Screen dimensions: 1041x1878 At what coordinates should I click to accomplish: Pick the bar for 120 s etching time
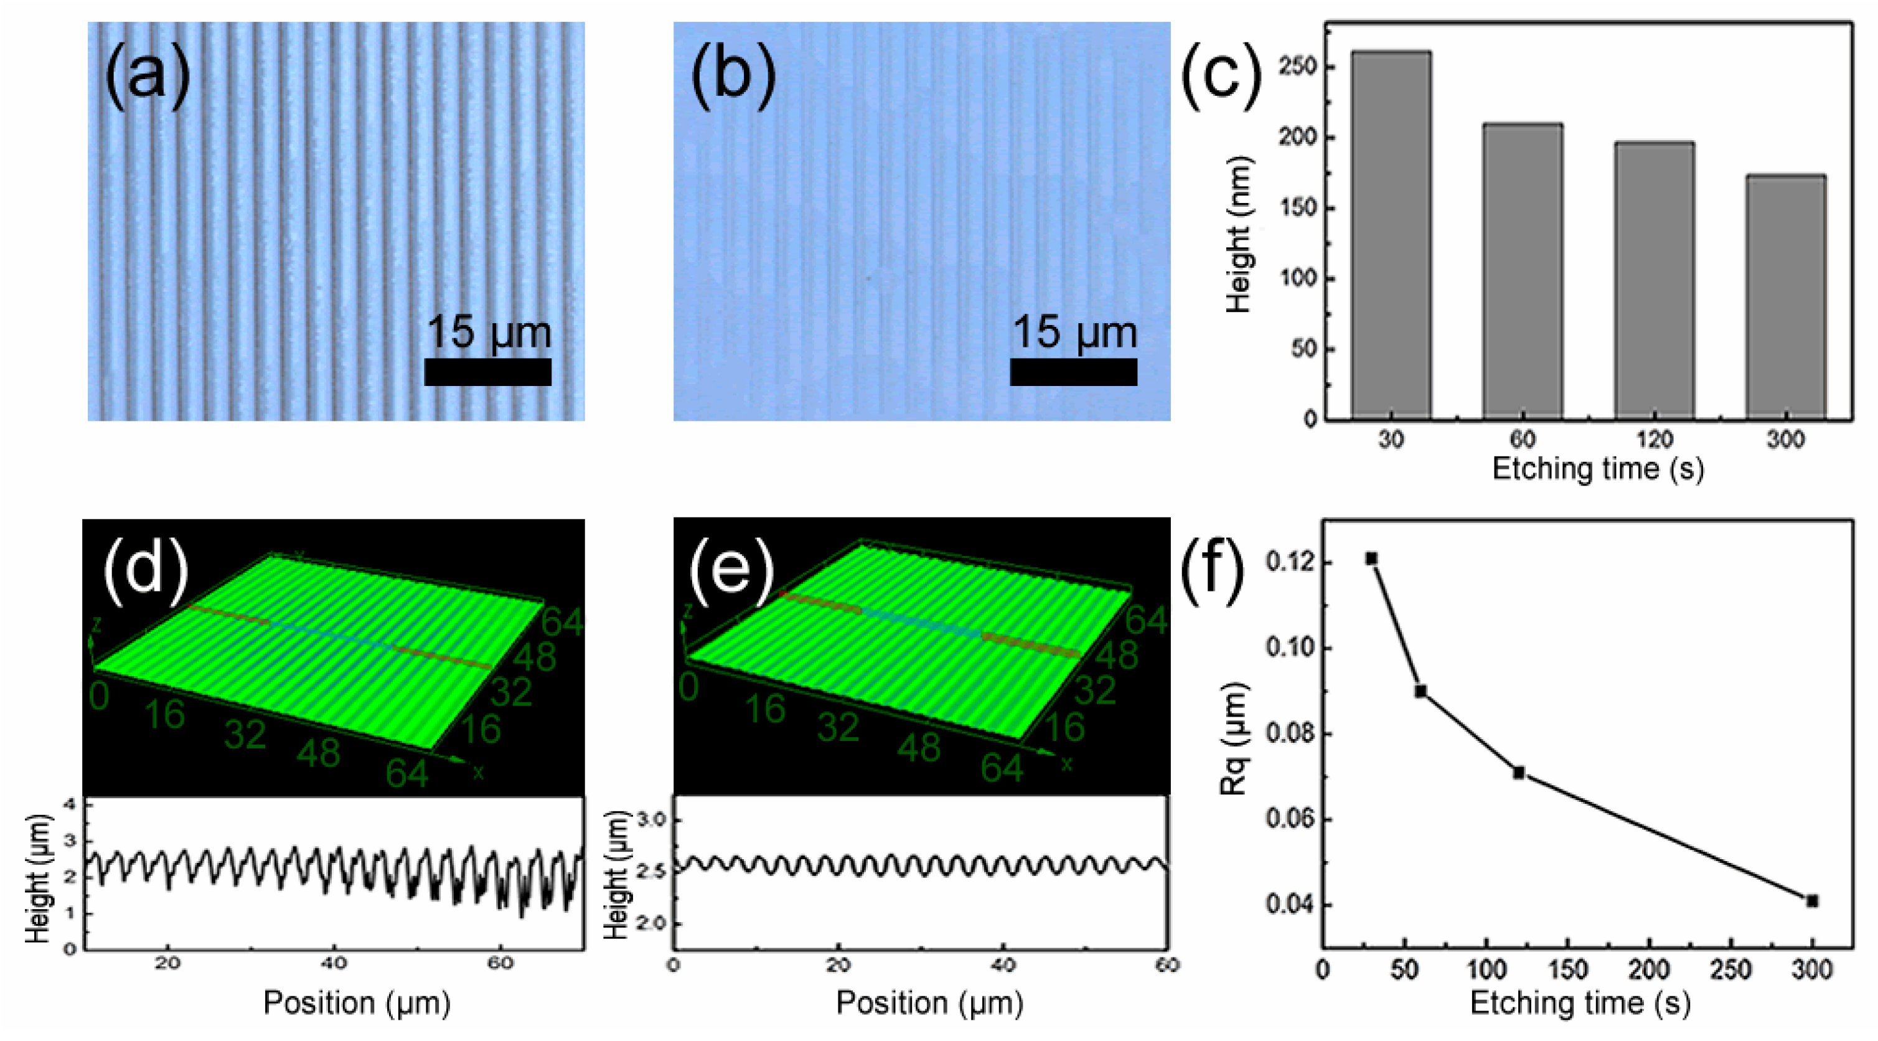1654,281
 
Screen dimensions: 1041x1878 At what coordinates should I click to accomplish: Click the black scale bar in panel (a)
488,372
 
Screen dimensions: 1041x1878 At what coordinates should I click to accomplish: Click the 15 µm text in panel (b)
1074,332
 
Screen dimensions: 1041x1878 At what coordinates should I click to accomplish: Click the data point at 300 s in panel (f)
1811,901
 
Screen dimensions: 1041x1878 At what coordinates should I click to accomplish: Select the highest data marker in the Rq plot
1371,558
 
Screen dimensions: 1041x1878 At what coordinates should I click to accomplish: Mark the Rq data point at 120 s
1519,773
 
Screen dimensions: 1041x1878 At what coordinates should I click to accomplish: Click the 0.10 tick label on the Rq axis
1290,648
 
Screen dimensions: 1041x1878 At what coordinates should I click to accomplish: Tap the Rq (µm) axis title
1234,738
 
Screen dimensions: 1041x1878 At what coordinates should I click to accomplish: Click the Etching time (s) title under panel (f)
1580,1003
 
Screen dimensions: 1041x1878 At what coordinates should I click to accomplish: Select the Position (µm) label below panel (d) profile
357,1003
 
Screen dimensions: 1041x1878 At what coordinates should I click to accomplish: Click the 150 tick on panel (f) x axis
1567,970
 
